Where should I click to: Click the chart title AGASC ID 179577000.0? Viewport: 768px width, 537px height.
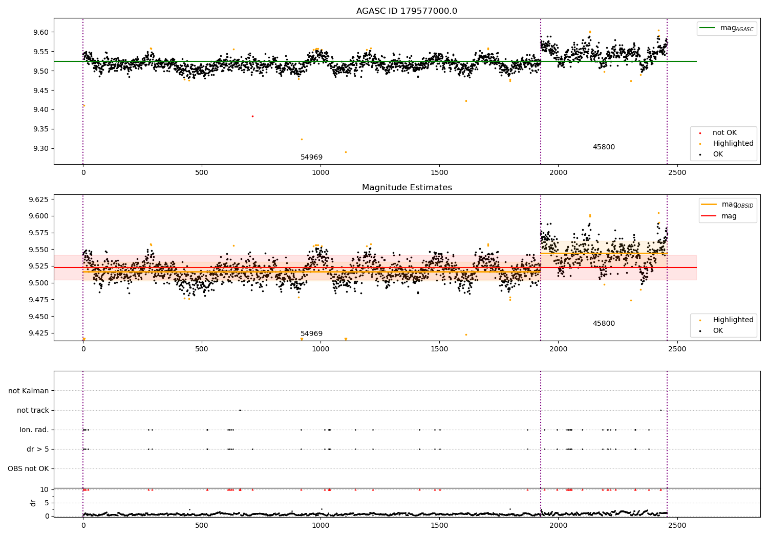[407, 11]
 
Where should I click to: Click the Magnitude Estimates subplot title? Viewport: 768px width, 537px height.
[407, 188]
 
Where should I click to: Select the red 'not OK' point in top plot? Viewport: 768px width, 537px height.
[252, 116]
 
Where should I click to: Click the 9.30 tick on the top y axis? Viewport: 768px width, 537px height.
[41, 148]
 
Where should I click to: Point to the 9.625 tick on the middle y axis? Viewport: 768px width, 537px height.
[39, 199]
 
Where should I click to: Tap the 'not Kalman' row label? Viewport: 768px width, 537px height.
[29, 391]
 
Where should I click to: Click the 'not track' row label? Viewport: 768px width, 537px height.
[33, 410]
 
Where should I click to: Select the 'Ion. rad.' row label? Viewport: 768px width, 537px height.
[34, 430]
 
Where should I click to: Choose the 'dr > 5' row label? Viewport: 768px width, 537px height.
[38, 449]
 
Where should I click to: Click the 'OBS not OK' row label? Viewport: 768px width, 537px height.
[28, 468]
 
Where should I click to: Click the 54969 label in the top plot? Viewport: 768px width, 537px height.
[311, 157]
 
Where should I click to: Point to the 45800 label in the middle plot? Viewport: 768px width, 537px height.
[604, 323]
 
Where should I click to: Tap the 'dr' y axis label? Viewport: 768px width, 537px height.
[33, 503]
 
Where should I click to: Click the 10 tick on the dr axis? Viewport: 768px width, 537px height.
[44, 489]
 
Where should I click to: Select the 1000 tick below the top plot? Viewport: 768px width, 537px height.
[321, 172]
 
